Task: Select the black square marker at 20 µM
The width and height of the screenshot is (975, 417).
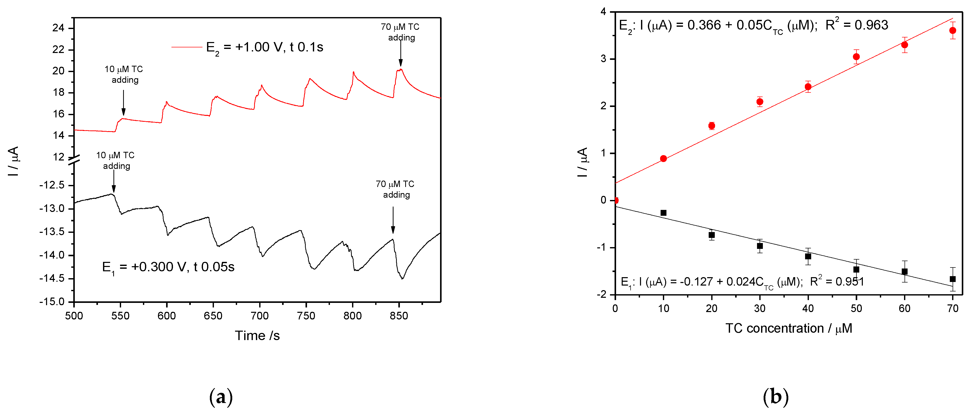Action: pyautogui.click(x=711, y=235)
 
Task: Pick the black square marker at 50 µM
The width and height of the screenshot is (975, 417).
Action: pyautogui.click(x=856, y=270)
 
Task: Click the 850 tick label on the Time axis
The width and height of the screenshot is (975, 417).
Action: pyautogui.click(x=399, y=316)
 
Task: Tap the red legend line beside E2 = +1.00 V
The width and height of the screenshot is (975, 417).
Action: pyautogui.click(x=187, y=47)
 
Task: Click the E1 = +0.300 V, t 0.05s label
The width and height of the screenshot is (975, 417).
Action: pyautogui.click(x=168, y=267)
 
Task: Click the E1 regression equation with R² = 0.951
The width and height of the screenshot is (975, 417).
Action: pyautogui.click(x=742, y=282)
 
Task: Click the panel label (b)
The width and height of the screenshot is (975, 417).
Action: pyautogui.click(x=776, y=397)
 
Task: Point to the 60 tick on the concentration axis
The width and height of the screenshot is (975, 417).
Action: pyautogui.click(x=904, y=308)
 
